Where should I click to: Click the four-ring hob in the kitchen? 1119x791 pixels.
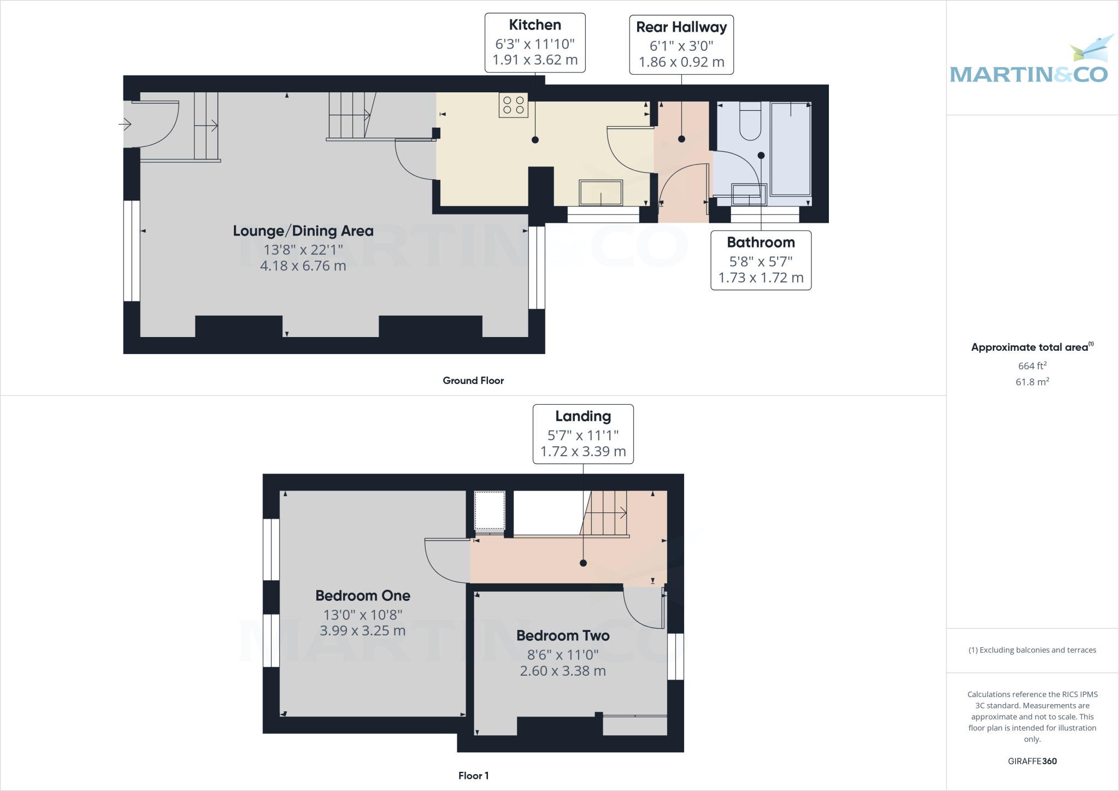coord(513,105)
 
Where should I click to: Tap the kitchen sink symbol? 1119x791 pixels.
coord(600,193)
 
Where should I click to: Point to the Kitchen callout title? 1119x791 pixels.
coord(535,25)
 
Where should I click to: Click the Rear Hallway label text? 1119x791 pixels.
coord(681,27)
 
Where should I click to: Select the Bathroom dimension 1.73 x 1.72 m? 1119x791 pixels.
coord(761,278)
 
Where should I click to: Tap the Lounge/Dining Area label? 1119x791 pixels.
coord(303,231)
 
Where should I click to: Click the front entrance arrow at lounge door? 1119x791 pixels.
coord(125,125)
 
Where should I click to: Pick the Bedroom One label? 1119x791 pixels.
coord(363,595)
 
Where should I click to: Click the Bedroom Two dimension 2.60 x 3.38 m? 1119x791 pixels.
coord(563,671)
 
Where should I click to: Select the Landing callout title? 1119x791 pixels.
coord(583,416)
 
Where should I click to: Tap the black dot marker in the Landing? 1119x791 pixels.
coord(583,563)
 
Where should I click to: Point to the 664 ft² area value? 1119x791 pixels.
coord(1032,366)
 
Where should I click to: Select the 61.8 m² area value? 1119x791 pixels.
coord(1032,382)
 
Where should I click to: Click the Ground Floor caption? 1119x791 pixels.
coord(473,381)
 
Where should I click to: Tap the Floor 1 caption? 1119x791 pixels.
coord(473,776)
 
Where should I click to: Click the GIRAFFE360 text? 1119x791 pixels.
coord(1032,761)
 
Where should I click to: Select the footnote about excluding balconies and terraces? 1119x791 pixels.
coord(1032,650)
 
